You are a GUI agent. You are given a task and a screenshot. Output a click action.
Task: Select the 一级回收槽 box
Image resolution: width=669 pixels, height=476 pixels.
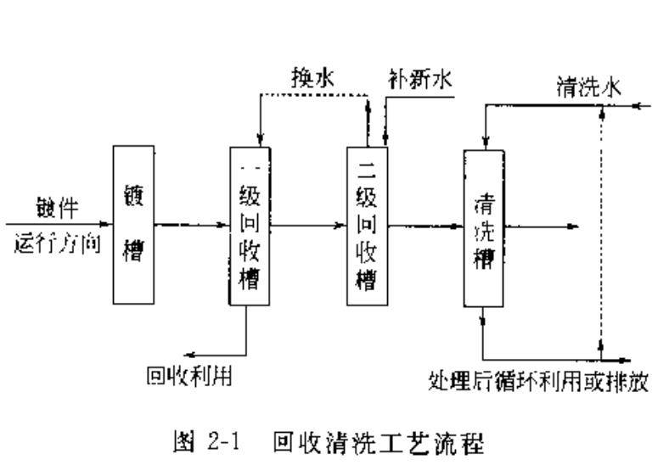[x=249, y=226]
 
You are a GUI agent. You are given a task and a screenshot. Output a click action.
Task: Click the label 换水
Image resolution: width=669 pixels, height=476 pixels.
[x=312, y=81]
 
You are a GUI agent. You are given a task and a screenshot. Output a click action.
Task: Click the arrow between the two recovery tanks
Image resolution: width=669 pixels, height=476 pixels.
[x=307, y=226]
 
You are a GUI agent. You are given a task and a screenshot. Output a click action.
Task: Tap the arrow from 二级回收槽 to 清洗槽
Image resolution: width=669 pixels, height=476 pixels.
[x=425, y=226]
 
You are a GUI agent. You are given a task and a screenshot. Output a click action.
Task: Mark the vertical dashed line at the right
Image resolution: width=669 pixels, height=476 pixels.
[x=601, y=229]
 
